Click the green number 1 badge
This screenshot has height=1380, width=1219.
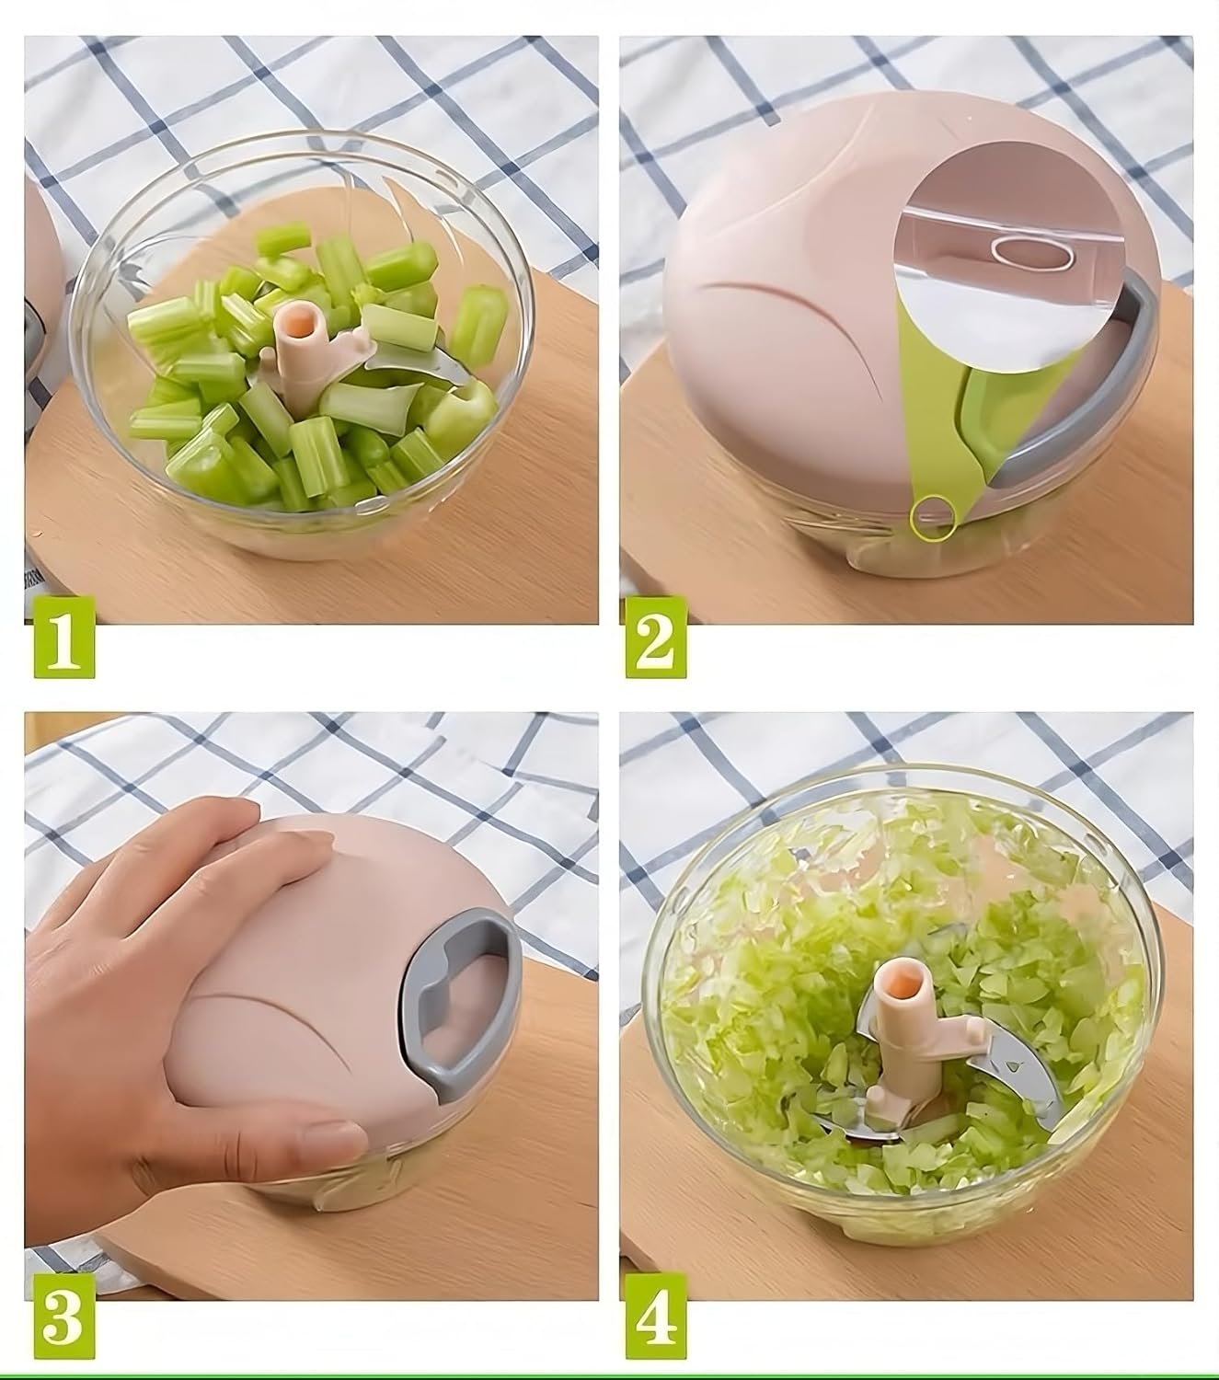[x=64, y=637]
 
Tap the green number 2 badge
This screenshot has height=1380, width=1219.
[x=655, y=637]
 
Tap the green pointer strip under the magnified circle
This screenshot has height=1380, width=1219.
[x=940, y=436]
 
